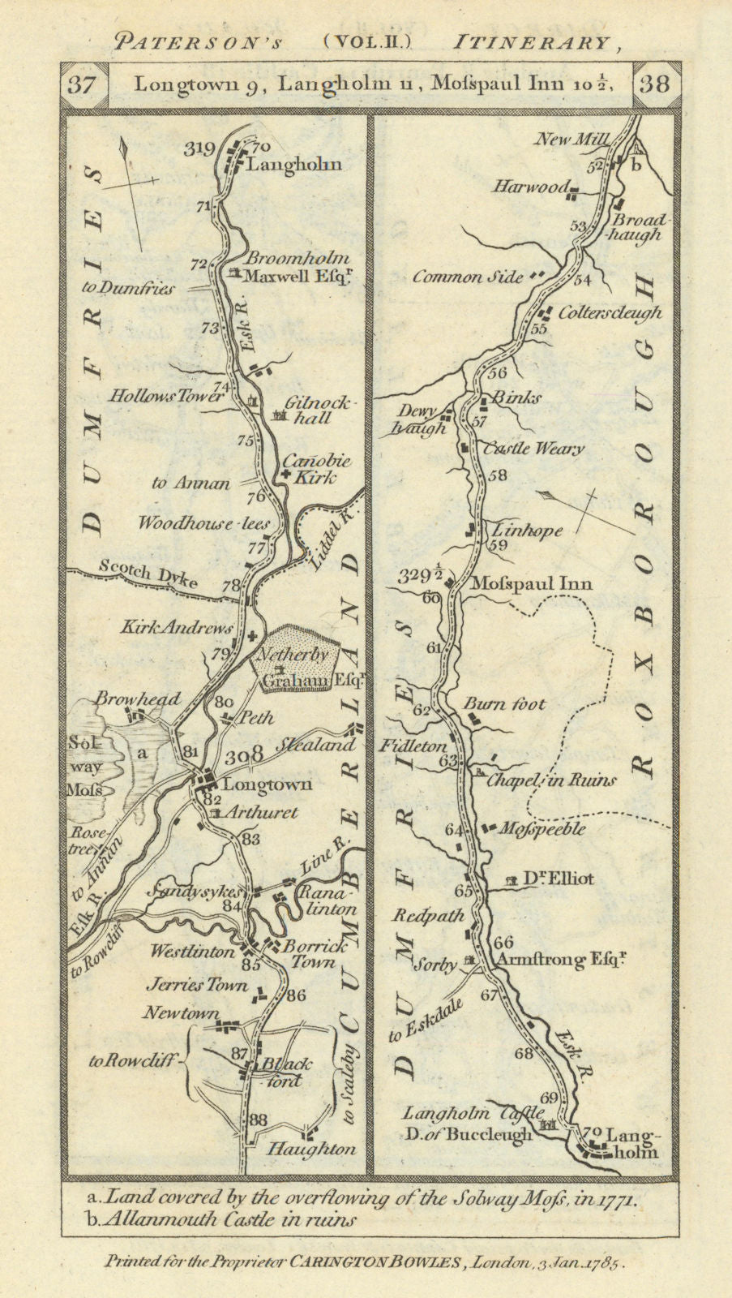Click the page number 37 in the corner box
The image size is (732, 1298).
pyautogui.click(x=81, y=84)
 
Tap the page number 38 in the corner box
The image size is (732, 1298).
pyautogui.click(x=655, y=84)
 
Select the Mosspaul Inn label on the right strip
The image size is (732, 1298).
pyautogui.click(x=531, y=583)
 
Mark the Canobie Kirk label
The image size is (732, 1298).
pyautogui.click(x=316, y=470)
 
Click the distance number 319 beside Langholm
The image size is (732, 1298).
pyautogui.click(x=198, y=148)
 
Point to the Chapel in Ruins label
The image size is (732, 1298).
pyautogui.click(x=551, y=780)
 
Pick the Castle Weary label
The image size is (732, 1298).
pyautogui.click(x=533, y=449)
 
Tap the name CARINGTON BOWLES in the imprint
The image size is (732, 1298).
pyautogui.click(x=376, y=1262)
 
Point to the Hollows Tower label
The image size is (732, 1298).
pyautogui.click(x=165, y=396)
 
